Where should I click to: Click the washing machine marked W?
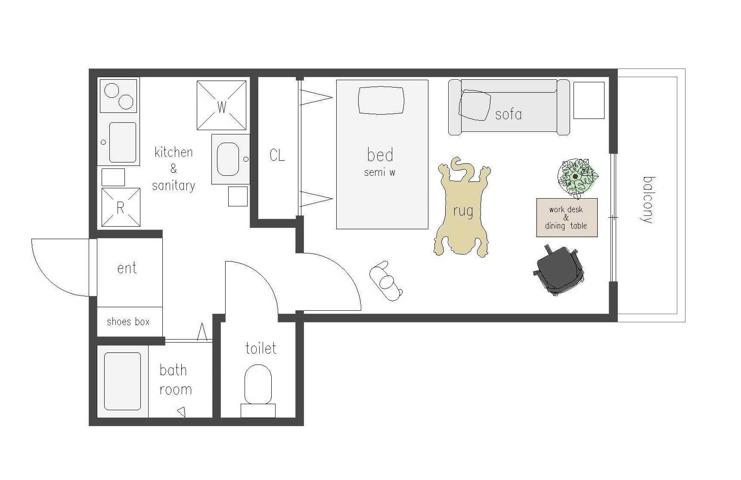click(x=222, y=105)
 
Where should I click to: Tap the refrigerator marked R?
click(x=121, y=207)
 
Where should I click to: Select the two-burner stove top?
click(x=118, y=95)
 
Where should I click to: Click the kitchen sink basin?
click(x=123, y=142)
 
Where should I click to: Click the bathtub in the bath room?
click(x=123, y=381)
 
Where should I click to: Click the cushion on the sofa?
click(x=474, y=105)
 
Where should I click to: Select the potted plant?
click(x=577, y=177)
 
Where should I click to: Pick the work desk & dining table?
click(x=567, y=218)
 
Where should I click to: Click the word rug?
click(x=463, y=211)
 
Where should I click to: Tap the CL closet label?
click(x=277, y=155)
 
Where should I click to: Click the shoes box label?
click(x=128, y=321)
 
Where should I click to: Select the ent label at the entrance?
click(x=127, y=268)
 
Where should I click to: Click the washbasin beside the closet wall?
click(x=228, y=159)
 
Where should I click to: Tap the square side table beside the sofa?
click(x=589, y=100)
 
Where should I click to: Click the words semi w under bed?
click(x=379, y=172)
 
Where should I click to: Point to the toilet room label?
click(x=260, y=348)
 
